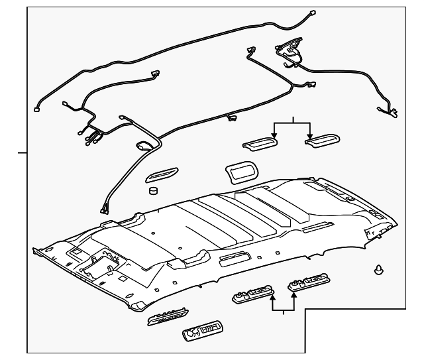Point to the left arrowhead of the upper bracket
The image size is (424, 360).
275,135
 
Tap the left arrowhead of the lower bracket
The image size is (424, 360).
272,300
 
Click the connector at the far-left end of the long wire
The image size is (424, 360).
38,110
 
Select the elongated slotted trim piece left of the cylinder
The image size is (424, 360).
161,175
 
